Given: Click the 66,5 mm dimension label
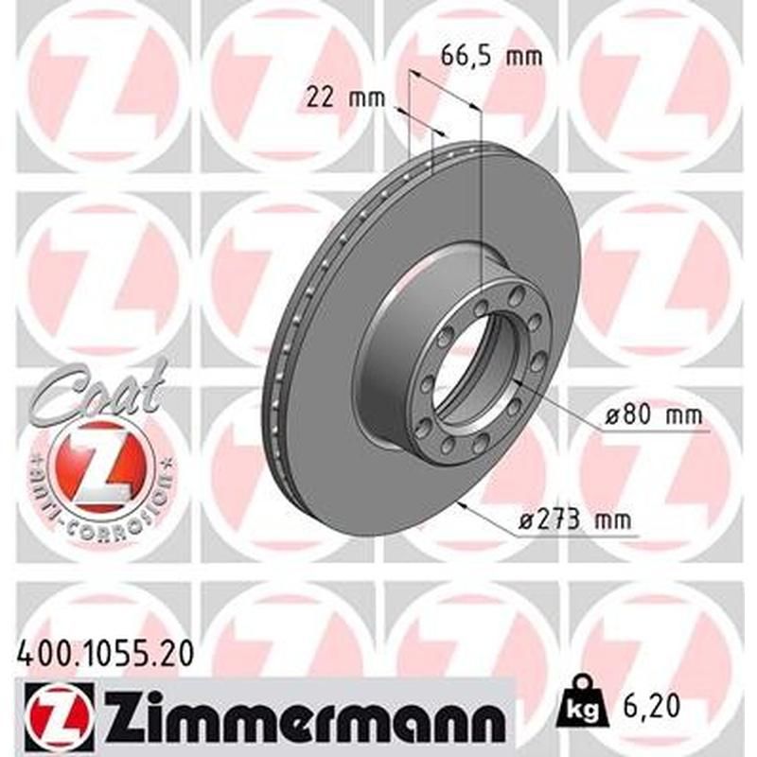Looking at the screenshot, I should (492, 56).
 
